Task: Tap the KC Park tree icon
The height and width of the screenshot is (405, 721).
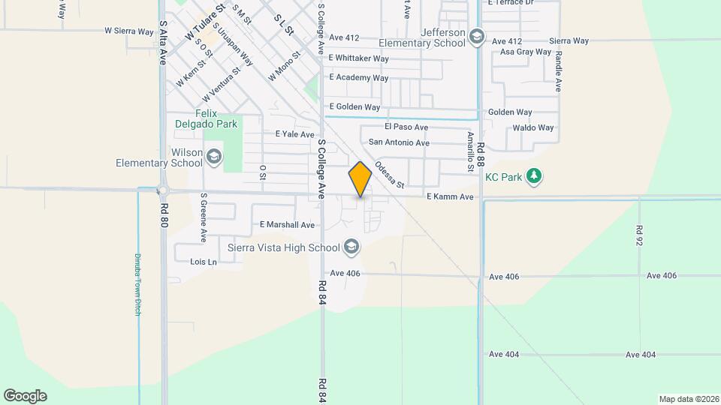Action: click(534, 176)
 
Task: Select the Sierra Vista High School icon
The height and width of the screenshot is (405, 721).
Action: click(351, 247)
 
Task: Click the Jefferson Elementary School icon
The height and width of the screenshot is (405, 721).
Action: click(476, 37)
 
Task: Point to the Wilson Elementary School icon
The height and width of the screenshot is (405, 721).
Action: click(213, 157)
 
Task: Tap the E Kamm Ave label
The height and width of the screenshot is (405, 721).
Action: click(450, 196)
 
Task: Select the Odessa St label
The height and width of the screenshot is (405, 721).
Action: click(390, 175)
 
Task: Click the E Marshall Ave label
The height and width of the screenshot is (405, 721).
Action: click(287, 224)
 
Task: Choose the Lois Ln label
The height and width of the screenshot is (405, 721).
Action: click(203, 262)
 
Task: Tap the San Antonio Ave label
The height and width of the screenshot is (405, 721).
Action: click(399, 142)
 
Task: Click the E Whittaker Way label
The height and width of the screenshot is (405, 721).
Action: click(359, 58)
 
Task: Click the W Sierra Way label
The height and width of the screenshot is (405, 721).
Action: click(129, 31)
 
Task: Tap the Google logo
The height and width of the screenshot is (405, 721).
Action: click(25, 396)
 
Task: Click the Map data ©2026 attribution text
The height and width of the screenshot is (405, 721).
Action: click(688, 399)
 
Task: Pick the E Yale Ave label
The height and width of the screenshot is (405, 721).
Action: click(294, 134)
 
